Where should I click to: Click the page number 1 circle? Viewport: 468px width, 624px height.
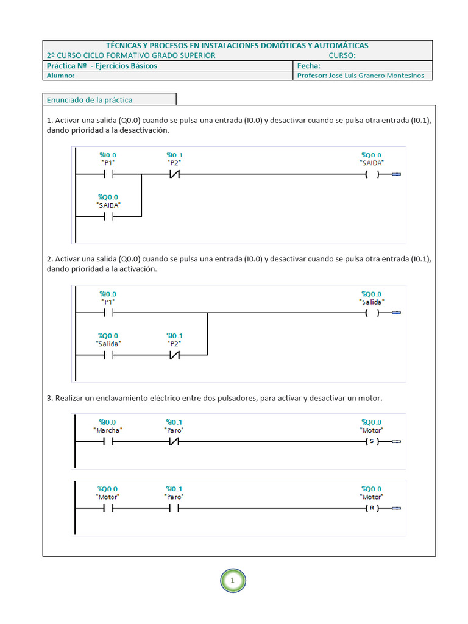[x=233, y=581]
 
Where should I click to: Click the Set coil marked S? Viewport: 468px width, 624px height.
[x=372, y=441]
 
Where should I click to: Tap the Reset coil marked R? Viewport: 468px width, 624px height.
[x=372, y=508]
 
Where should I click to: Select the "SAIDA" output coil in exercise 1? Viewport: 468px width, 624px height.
[x=372, y=174]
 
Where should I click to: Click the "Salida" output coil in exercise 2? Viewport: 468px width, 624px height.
[x=372, y=313]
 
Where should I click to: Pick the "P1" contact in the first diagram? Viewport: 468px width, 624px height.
[x=108, y=174]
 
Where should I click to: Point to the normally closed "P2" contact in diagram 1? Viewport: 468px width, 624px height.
[x=174, y=174]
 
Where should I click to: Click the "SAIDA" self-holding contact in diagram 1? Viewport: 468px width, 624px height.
[x=108, y=216]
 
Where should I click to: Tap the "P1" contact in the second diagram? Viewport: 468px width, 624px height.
[x=108, y=313]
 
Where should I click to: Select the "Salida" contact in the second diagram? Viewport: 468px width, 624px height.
[x=108, y=355]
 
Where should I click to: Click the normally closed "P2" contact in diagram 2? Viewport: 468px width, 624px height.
[x=174, y=355]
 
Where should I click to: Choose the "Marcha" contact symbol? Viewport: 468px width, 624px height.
[x=108, y=441]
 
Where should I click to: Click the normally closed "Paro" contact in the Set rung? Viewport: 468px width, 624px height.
[x=174, y=441]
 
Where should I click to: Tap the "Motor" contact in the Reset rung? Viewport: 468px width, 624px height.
[x=108, y=508]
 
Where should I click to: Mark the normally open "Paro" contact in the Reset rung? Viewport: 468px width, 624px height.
[x=174, y=508]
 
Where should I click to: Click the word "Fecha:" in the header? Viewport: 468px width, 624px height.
[x=308, y=66]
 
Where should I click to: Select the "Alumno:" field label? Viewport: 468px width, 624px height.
[x=60, y=76]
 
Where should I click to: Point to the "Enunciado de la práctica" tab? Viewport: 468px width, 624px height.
[x=90, y=100]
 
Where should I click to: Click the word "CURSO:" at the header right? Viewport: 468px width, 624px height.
[x=342, y=55]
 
